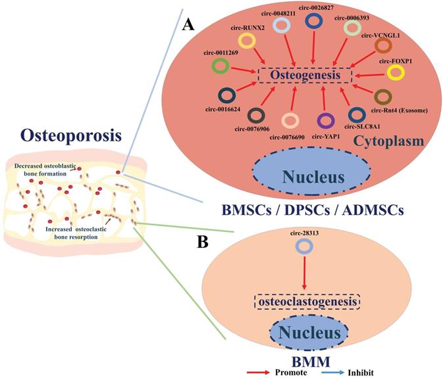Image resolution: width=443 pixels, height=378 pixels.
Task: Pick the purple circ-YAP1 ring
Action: [x=324, y=121]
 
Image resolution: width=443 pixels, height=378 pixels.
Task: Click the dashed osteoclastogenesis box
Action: [x=308, y=302]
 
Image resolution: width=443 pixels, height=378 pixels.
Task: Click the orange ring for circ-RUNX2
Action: [x=247, y=41]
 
